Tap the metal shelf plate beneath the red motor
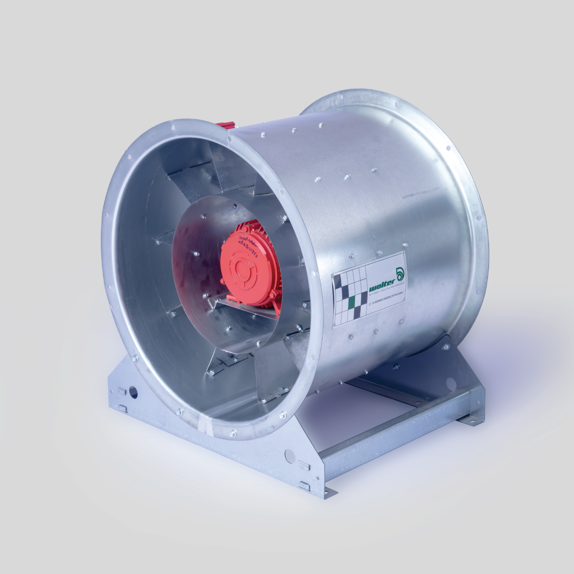247,308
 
